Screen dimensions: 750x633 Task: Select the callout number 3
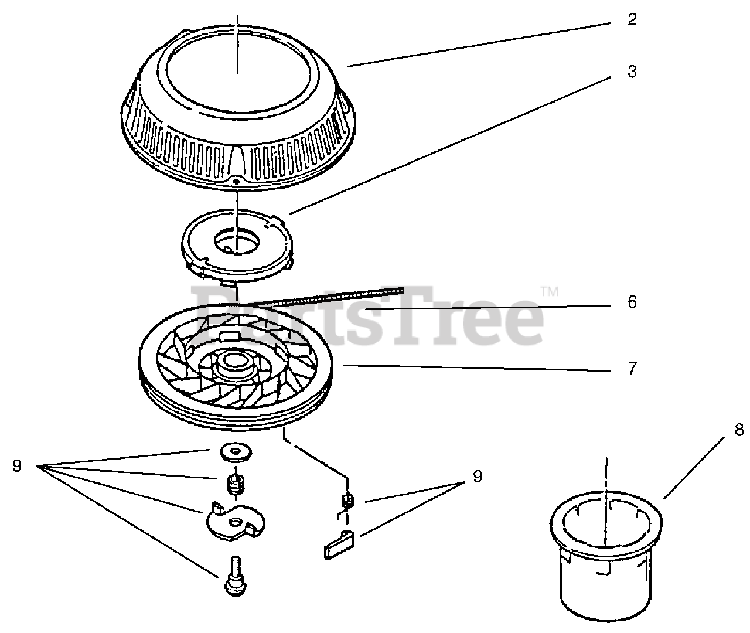tap(632, 72)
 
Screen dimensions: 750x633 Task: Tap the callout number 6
tap(632, 302)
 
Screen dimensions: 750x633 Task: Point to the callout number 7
tap(632, 369)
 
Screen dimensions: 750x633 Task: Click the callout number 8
tap(739, 430)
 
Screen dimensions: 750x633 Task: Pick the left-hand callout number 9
tap(16, 466)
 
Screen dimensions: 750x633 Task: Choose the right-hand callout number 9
tap(477, 477)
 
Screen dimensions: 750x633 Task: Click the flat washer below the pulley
tap(236, 451)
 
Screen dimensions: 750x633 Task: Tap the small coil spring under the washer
tap(235, 484)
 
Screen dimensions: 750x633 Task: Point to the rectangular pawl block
tap(339, 544)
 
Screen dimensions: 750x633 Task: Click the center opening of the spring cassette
tap(235, 241)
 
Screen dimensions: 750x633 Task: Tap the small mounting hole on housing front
tap(236, 182)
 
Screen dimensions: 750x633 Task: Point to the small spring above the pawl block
tap(347, 500)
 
